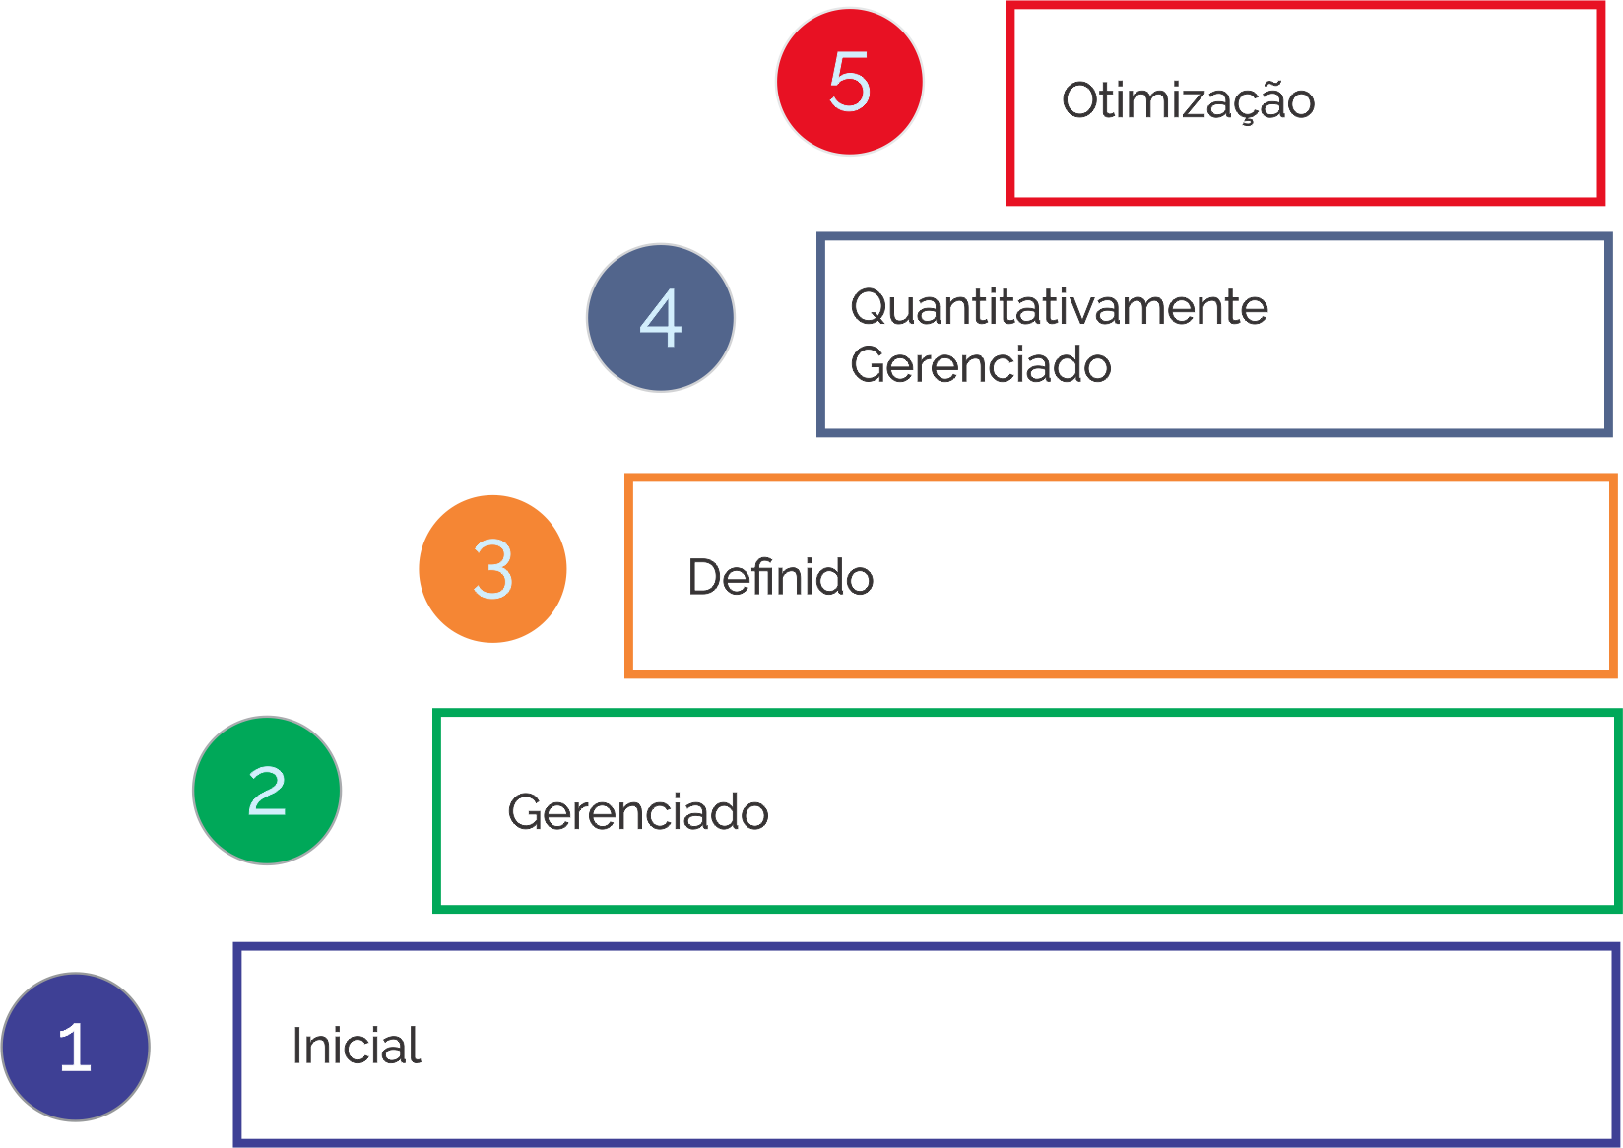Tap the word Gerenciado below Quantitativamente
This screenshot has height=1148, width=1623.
981,365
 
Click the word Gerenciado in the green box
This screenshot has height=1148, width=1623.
638,812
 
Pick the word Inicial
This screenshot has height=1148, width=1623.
357,1046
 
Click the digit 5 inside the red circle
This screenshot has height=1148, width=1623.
849,82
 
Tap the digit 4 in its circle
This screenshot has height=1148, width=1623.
661,318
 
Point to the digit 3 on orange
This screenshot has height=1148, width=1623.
492,569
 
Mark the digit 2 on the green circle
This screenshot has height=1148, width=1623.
267,791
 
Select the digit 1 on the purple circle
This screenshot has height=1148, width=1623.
76,1047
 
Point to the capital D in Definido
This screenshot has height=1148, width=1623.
704,577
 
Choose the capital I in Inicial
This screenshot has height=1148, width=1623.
296,1046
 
